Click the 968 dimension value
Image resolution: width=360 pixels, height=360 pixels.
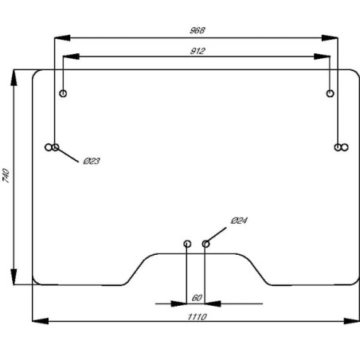tap(198, 30)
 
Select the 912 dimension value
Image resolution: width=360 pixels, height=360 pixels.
tap(198, 51)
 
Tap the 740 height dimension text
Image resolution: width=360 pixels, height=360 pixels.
tap(6, 175)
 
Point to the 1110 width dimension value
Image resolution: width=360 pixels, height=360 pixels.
tap(198, 317)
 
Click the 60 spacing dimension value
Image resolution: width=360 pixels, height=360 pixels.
tap(197, 298)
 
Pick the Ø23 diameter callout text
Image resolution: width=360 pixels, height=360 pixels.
tap(92, 161)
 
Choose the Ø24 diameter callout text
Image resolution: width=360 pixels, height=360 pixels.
tap(239, 221)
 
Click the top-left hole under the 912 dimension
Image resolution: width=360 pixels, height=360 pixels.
tap(63, 93)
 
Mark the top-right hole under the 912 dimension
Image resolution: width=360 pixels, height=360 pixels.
tap(330, 93)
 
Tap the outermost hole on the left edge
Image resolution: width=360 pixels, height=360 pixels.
tap(49, 147)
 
